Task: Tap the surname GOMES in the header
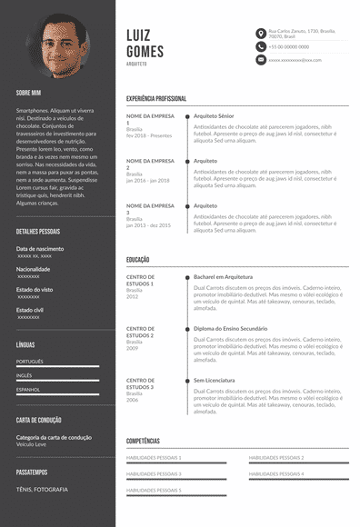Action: point(145,51)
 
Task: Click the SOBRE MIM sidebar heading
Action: point(30,93)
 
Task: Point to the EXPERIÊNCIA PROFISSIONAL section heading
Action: point(157,98)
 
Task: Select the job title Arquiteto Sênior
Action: point(215,116)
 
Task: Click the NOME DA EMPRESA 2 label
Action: point(150,164)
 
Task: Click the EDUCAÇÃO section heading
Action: point(138,260)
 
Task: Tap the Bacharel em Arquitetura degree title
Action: point(223,276)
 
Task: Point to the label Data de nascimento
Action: point(40,249)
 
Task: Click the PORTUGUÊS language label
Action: point(30,361)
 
